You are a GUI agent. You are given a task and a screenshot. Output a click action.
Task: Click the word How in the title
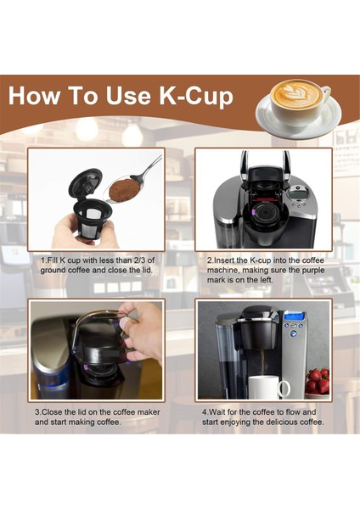tap(41, 95)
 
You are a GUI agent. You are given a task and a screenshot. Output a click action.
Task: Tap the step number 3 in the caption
tap(37, 411)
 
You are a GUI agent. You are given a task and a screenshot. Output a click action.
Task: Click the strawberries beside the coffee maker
tap(316, 381)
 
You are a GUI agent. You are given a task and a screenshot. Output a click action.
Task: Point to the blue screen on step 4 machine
tap(293, 317)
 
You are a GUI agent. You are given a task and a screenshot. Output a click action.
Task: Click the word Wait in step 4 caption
tap(221, 411)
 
